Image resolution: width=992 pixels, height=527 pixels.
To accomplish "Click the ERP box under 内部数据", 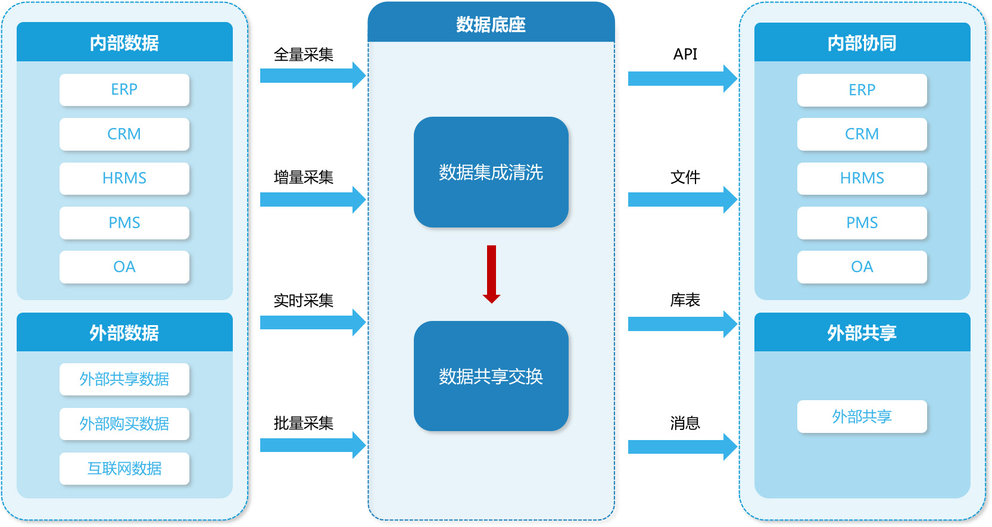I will point(124,90).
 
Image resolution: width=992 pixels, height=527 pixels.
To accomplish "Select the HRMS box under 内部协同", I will point(862,178).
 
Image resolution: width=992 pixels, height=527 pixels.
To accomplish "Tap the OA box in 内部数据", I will point(124,267).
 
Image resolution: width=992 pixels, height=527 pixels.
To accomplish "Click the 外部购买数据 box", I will point(124,424).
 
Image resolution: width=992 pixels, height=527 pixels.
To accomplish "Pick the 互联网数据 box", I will point(124,469).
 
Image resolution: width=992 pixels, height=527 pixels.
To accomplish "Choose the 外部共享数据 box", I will point(124,379).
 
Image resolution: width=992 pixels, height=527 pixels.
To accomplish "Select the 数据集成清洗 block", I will point(491,172).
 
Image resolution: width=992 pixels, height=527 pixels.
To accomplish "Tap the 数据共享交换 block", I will point(491,376).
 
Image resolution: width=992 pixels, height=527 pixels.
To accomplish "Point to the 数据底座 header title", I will point(491,24).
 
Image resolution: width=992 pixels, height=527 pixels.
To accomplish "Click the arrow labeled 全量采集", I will point(312,76).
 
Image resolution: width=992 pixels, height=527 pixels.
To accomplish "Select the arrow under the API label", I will point(682,79).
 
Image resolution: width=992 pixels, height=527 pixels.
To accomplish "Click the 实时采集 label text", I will point(303,301).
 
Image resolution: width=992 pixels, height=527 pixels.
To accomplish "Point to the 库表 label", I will point(685,300).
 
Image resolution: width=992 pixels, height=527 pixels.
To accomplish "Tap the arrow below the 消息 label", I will point(682,447).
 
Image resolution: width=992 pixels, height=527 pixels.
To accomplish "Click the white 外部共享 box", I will point(862,416).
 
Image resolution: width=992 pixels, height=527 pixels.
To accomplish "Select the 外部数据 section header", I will point(124,332).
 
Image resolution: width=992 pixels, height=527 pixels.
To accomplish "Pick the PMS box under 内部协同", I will point(862,223).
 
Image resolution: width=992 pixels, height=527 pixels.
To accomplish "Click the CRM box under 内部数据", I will point(124,134).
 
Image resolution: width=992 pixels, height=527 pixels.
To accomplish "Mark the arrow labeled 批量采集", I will point(312,445).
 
